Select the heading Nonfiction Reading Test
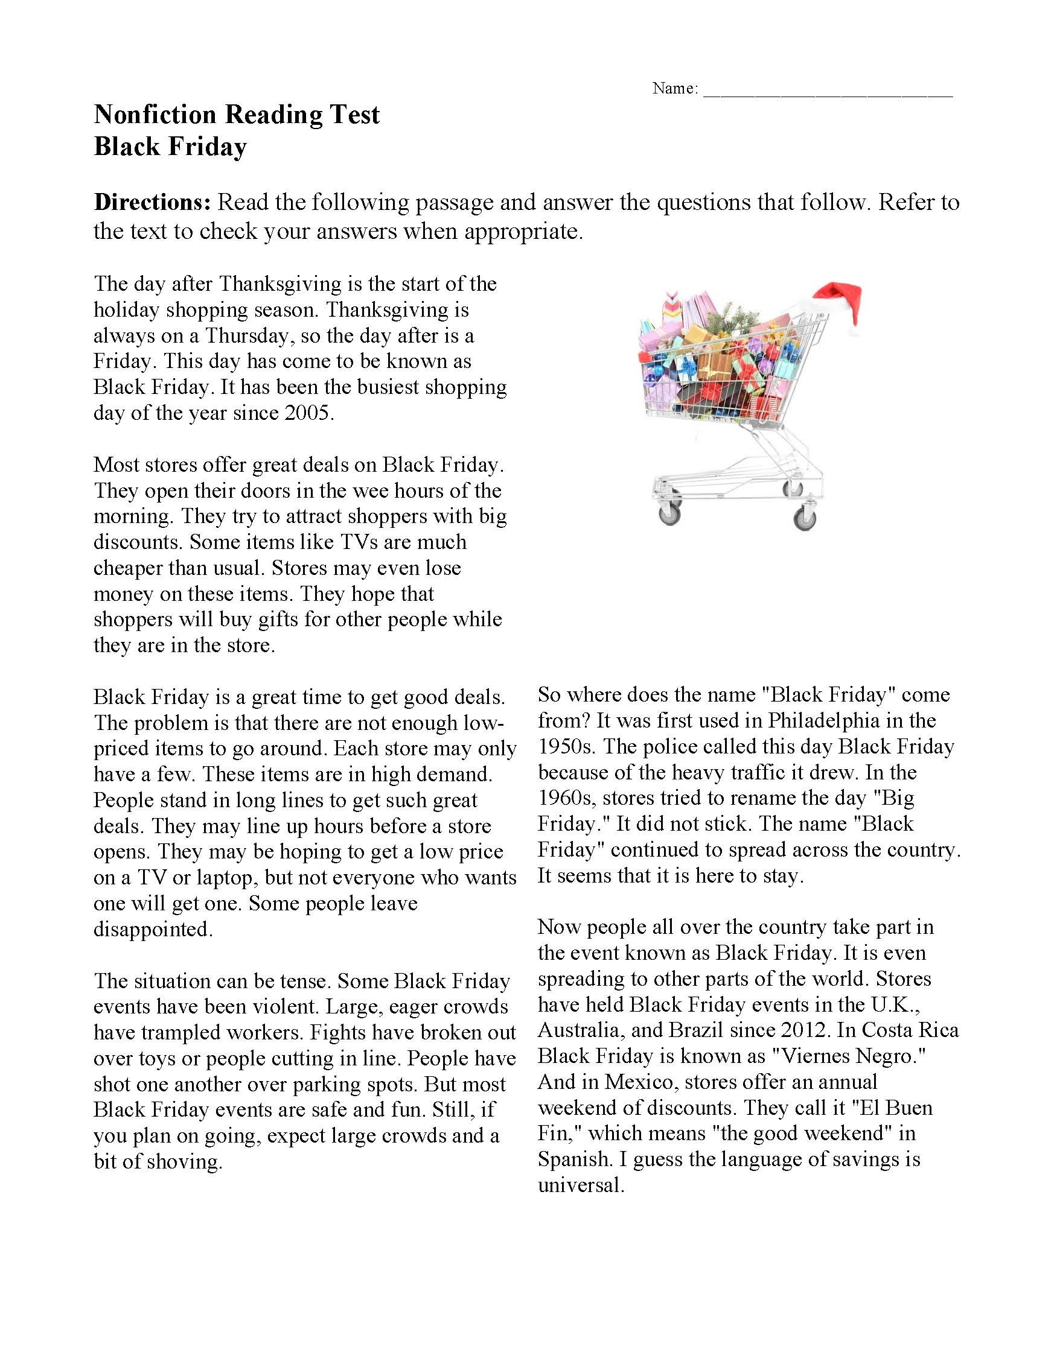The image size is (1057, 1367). tap(237, 115)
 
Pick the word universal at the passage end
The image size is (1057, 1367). tap(581, 1185)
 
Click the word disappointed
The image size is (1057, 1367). tap(153, 930)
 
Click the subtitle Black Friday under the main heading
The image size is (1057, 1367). tap(170, 147)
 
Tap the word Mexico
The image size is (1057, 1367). tap(640, 1082)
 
